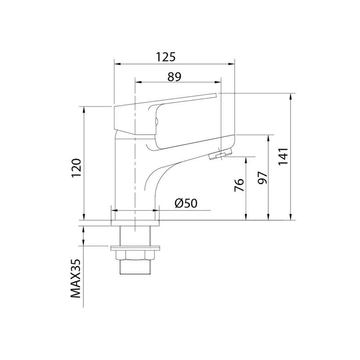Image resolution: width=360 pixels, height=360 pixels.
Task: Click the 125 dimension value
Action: (x=166, y=57)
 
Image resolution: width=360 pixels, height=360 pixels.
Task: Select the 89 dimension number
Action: (x=174, y=77)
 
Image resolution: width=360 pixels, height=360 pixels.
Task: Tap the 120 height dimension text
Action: (x=76, y=168)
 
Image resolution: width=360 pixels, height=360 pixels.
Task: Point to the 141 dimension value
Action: (x=283, y=156)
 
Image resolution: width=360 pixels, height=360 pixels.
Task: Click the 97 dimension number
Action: (x=263, y=177)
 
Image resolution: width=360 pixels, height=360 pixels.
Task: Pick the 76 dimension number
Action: (x=239, y=185)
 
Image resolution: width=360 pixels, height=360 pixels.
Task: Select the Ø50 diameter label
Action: (x=186, y=203)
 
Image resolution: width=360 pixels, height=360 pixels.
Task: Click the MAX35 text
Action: (x=76, y=278)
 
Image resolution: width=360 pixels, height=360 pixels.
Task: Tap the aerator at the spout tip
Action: (x=220, y=154)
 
